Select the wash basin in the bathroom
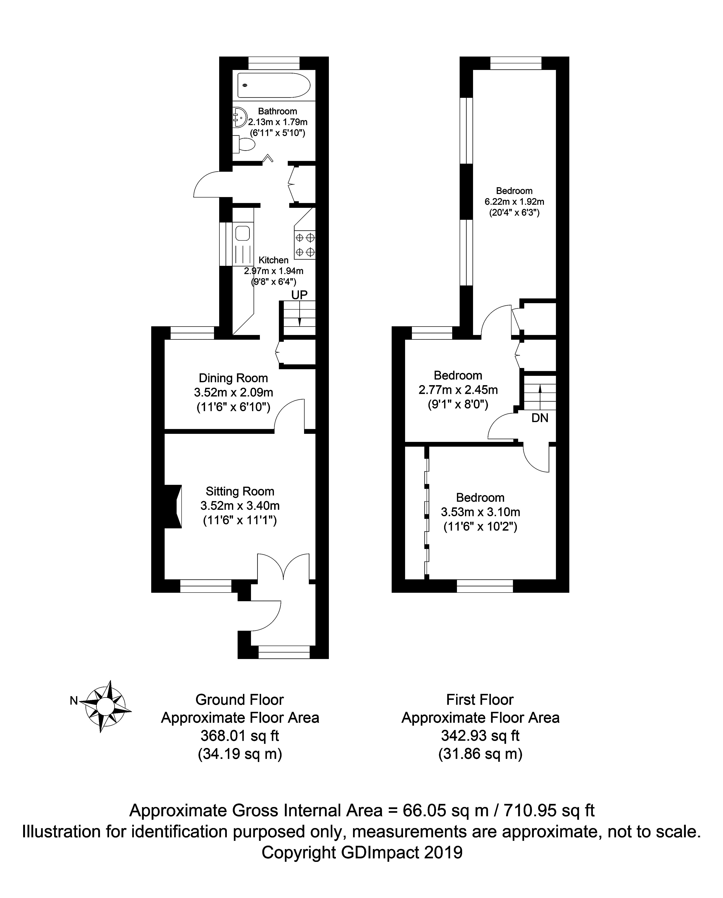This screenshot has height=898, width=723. pyautogui.click(x=240, y=117)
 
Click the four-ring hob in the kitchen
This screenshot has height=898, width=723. pyautogui.click(x=305, y=245)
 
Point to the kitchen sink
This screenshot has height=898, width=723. pyautogui.click(x=242, y=233)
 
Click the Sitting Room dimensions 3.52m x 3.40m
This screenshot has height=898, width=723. pyautogui.click(x=240, y=506)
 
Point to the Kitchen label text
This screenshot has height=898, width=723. pyautogui.click(x=274, y=260)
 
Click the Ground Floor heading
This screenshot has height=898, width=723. pyautogui.click(x=240, y=700)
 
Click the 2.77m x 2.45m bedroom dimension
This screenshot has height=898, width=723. pyautogui.click(x=458, y=390)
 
